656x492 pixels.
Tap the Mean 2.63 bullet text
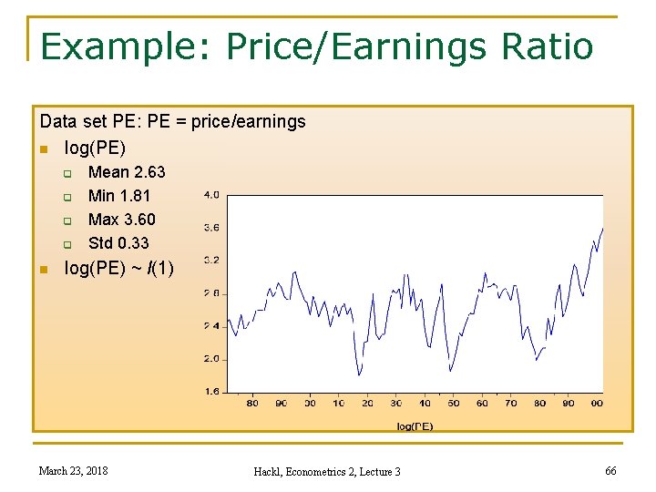[127, 172]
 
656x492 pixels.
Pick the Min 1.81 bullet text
[119, 196]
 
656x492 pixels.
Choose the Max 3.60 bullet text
[121, 220]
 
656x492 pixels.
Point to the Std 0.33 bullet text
[118, 243]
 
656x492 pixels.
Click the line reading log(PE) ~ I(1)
[118, 268]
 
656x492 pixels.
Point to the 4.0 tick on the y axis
[210, 194]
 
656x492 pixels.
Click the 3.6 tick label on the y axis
[210, 227]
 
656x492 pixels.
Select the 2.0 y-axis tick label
[210, 359]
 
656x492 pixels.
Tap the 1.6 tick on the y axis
[210, 392]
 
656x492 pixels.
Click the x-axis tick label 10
[339, 403]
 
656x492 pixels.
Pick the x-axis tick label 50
[454, 403]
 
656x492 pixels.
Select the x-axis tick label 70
[511, 403]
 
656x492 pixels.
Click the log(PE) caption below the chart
[415, 425]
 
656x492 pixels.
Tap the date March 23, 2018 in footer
[73, 470]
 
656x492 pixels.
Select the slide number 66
[610, 470]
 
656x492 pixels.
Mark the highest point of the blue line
[602, 228]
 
